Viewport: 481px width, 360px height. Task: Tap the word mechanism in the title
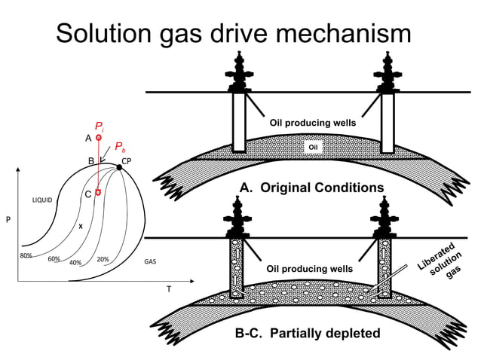pos(344,34)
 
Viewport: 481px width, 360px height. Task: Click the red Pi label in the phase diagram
pos(100,127)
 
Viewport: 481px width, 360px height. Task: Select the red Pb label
pos(120,149)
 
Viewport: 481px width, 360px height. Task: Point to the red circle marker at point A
pos(98,139)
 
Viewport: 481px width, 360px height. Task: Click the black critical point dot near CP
pos(119,167)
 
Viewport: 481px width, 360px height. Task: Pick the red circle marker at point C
pos(98,192)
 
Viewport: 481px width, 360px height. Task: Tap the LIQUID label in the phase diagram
pos(41,200)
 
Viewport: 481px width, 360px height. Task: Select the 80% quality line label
pos(26,255)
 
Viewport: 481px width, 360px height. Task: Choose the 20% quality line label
pos(103,259)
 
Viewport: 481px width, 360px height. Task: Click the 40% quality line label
pos(75,263)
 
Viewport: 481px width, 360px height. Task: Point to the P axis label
pos(8,221)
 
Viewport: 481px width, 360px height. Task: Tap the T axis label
pos(168,289)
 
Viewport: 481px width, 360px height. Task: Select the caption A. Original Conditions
pos(311,188)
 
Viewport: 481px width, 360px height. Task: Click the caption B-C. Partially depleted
pos(309,333)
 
